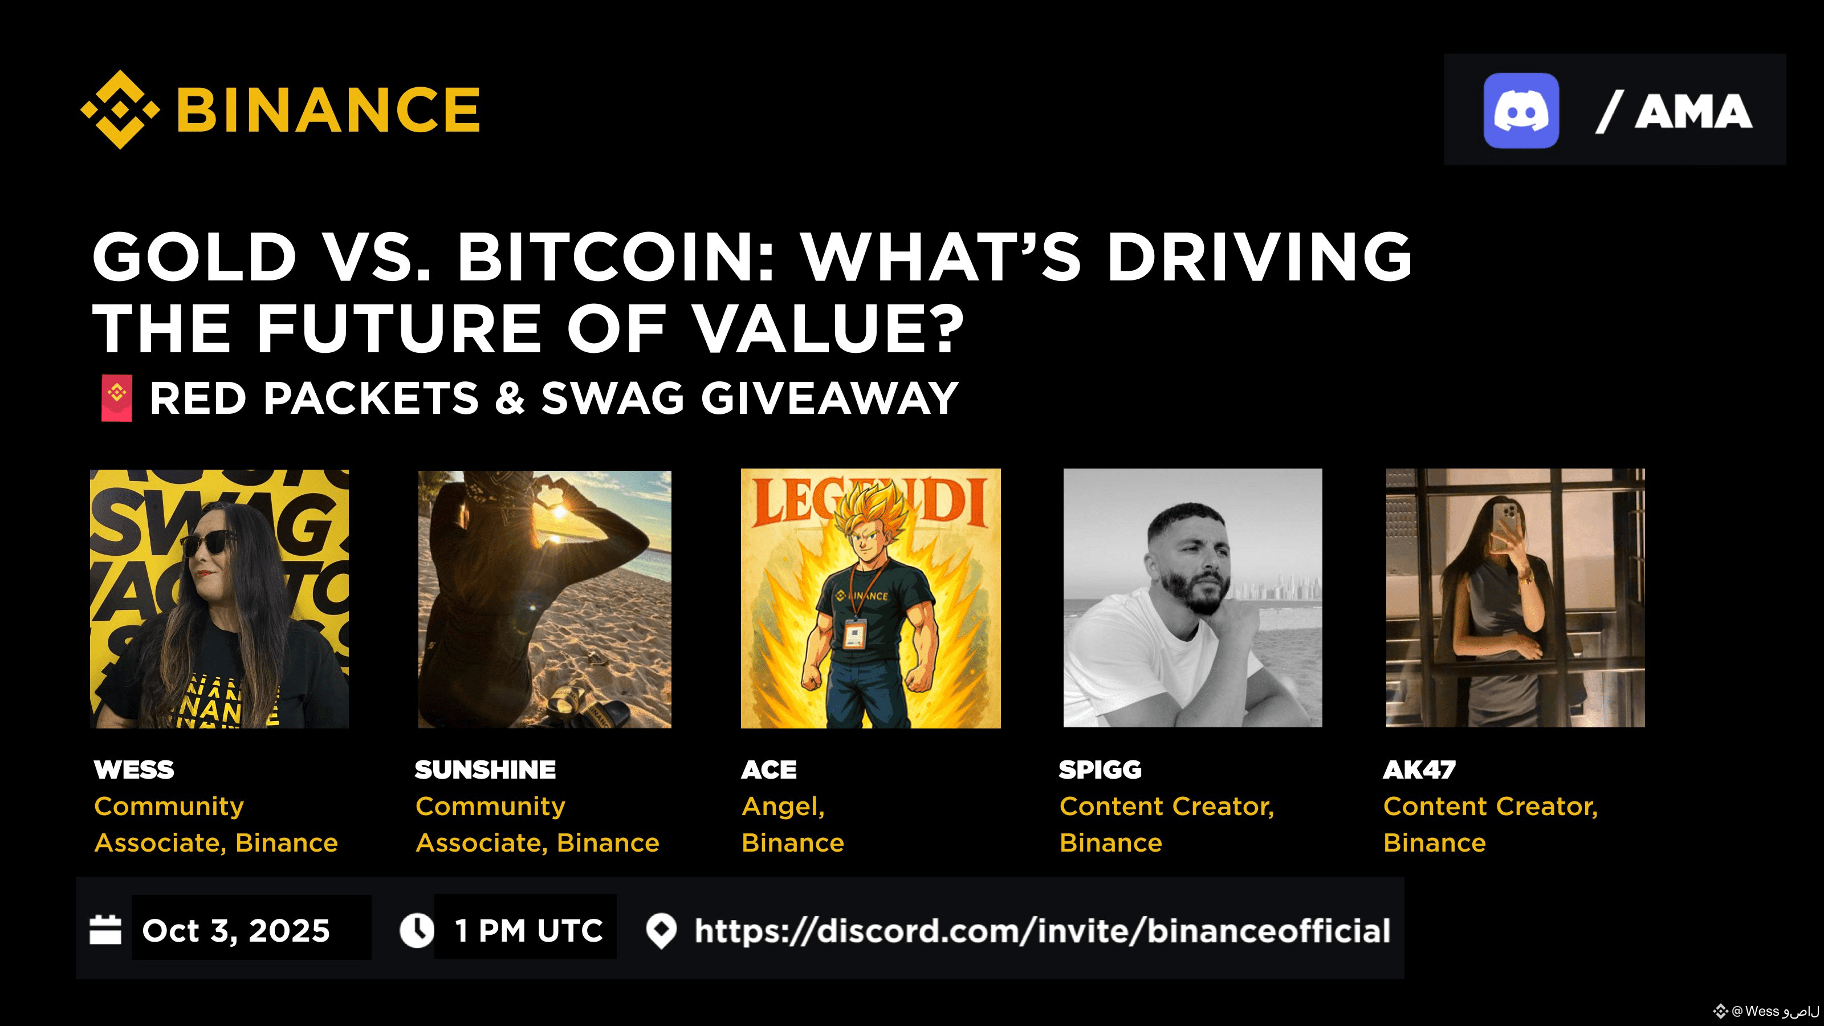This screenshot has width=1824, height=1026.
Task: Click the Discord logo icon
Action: click(1521, 111)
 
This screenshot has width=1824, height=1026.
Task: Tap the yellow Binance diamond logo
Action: click(120, 110)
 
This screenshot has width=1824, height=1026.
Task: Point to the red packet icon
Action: click(117, 398)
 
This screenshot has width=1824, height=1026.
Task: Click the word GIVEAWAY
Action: click(829, 398)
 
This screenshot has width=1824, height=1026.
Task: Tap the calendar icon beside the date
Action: click(105, 930)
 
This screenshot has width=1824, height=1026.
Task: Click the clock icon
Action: click(417, 930)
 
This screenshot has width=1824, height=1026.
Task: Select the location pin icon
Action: click(661, 931)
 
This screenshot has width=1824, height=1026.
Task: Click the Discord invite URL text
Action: click(1043, 930)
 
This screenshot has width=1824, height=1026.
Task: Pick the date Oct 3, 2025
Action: click(236, 930)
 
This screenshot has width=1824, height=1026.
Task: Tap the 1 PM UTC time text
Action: click(529, 930)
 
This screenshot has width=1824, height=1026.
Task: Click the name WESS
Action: click(134, 769)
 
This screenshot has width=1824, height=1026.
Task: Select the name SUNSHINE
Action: click(485, 769)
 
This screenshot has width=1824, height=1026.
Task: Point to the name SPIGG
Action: click(1100, 769)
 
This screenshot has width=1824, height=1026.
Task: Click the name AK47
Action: click(1419, 769)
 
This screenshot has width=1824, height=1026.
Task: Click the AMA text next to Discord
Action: click(1693, 112)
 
